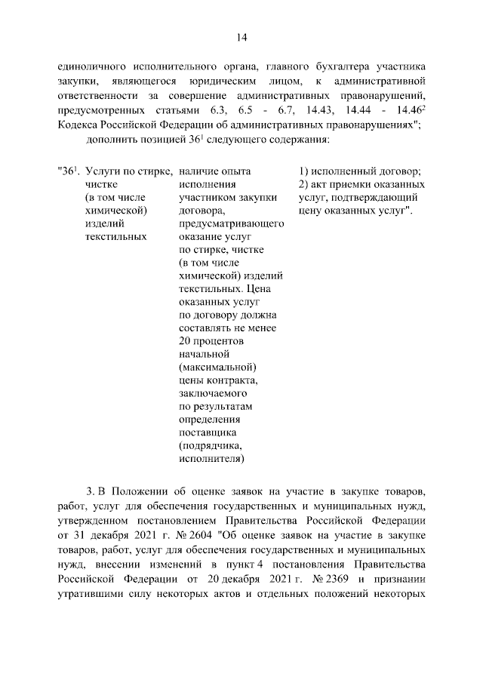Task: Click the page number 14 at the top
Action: pos(241,37)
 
